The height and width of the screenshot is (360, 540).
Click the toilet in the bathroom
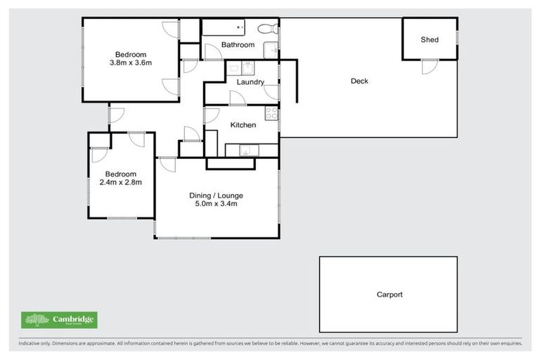(266, 29)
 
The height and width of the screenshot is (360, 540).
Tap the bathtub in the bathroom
(223, 28)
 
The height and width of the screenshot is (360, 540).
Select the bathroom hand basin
(270, 49)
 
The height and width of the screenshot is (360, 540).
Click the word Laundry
(250, 82)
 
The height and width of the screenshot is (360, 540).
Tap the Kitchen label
(243, 125)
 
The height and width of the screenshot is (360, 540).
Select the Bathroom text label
(238, 45)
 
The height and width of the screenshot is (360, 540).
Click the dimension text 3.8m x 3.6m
(131, 63)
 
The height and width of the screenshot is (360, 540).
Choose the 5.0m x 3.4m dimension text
(216, 205)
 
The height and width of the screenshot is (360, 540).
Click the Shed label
(430, 39)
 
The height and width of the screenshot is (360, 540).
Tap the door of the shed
(429, 67)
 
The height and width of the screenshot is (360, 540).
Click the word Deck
(359, 81)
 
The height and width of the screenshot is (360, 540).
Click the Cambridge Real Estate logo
(59, 320)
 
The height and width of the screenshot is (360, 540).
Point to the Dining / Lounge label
(216, 195)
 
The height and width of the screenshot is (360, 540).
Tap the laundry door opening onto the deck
(273, 92)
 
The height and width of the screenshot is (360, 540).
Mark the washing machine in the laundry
(247, 67)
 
